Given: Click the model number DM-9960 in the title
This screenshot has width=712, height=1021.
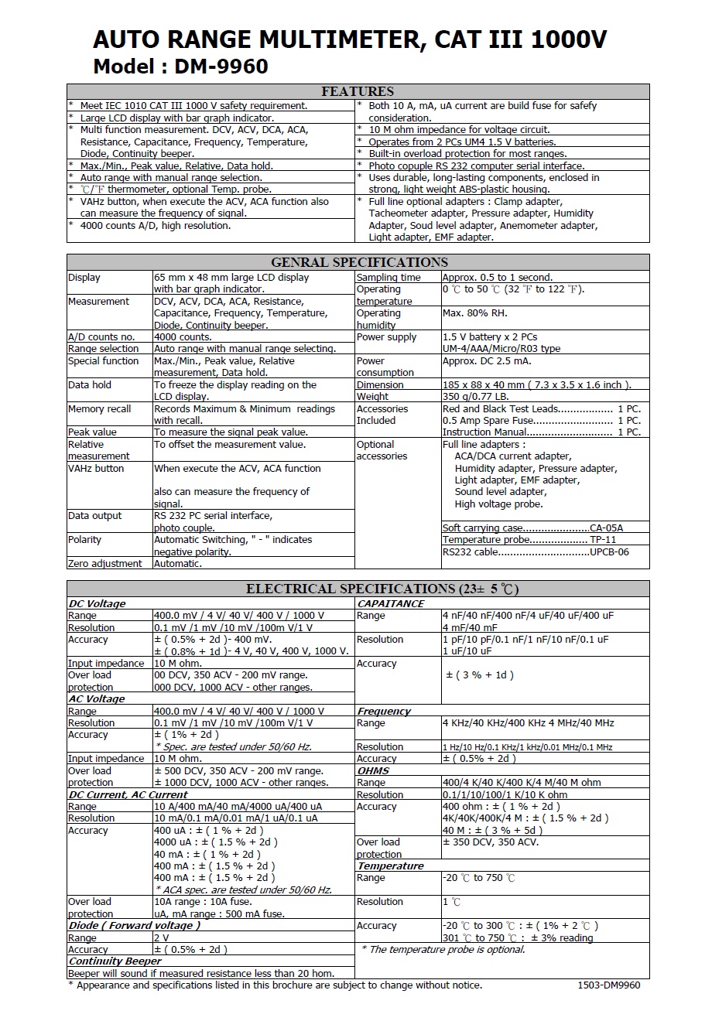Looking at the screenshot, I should click(221, 67).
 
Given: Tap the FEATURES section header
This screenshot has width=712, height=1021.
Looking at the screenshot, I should click(358, 91).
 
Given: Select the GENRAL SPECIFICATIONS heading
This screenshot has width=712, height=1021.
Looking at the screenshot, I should click(359, 262).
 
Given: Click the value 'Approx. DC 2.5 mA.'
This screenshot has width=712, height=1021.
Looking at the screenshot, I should click(487, 361).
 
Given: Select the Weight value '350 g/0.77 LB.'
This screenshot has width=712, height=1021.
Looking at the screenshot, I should click(476, 397).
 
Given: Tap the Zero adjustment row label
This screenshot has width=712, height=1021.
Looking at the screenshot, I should click(105, 564).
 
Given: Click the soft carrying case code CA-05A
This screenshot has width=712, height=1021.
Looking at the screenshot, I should click(606, 528).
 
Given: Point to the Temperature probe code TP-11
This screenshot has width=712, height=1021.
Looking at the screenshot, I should click(603, 540).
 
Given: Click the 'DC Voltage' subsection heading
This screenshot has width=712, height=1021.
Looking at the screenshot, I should click(97, 603).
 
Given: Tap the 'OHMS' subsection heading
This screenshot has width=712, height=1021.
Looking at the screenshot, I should click(373, 770).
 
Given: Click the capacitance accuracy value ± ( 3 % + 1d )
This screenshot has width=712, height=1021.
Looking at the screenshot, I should click(480, 675).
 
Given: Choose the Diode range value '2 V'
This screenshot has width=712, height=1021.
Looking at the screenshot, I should click(162, 937).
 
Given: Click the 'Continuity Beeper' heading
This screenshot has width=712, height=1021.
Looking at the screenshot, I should click(115, 961).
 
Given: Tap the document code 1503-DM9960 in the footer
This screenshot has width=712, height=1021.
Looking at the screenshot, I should click(608, 985).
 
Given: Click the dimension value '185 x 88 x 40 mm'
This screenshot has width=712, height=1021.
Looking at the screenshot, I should click(484, 385).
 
